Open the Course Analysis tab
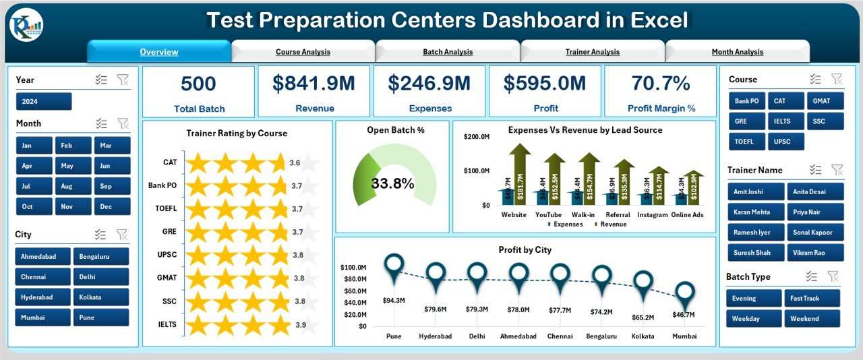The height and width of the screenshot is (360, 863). pos(303,52)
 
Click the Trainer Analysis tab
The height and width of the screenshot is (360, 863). pos(592,52)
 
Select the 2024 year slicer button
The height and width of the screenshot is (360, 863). pos(44,101)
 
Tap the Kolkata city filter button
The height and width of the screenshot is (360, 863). pos(100,297)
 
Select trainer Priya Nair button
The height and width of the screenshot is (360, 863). pos(814,212)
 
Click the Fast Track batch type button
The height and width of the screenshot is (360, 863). pos(812,298)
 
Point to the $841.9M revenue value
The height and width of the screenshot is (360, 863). pos(314,83)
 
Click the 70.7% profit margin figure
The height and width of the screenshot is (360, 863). pos(660,83)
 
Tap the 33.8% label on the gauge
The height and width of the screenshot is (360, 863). pos(392,183)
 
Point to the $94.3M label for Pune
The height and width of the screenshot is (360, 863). pos(394,299)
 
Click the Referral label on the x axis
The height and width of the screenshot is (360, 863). pos(618,215)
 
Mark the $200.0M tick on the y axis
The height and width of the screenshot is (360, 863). pos(477,137)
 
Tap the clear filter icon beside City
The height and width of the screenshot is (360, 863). pos(122,235)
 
